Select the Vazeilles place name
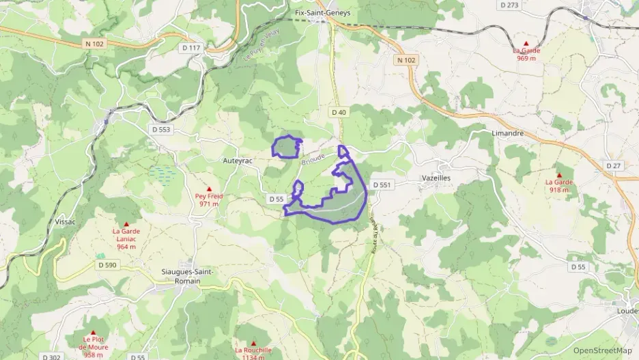pos(436,178)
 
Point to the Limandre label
pos(507,133)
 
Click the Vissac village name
pos(66,221)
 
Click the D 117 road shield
pos(192,48)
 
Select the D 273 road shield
pos(509,5)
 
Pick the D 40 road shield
pos(339,111)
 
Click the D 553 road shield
pos(160,129)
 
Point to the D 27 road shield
pos(614,166)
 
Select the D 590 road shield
pos(107,265)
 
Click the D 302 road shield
pos(51,357)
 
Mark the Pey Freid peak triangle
pos(209,189)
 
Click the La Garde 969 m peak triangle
pos(526,43)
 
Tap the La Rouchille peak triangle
pos(253,343)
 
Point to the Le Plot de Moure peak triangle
pos(93,332)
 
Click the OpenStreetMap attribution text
pos(602,350)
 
